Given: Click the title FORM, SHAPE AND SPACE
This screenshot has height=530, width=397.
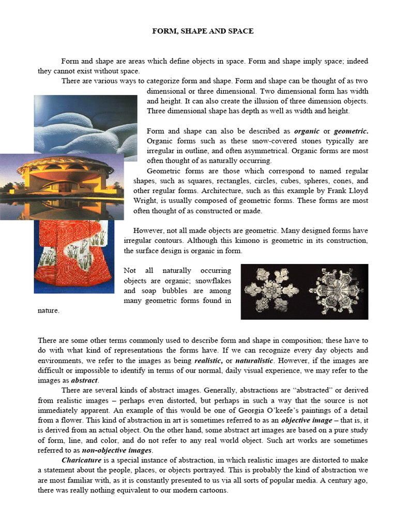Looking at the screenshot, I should click(203, 31).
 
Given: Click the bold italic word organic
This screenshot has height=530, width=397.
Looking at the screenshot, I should click(307, 131).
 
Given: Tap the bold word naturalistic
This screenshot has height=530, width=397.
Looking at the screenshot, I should click(254, 360).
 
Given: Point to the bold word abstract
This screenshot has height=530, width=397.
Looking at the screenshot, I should click(84, 380).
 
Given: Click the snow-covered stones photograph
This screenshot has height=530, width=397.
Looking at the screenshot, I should click(85, 124).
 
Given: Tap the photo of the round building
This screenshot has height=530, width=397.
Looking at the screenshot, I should click(62, 186).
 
